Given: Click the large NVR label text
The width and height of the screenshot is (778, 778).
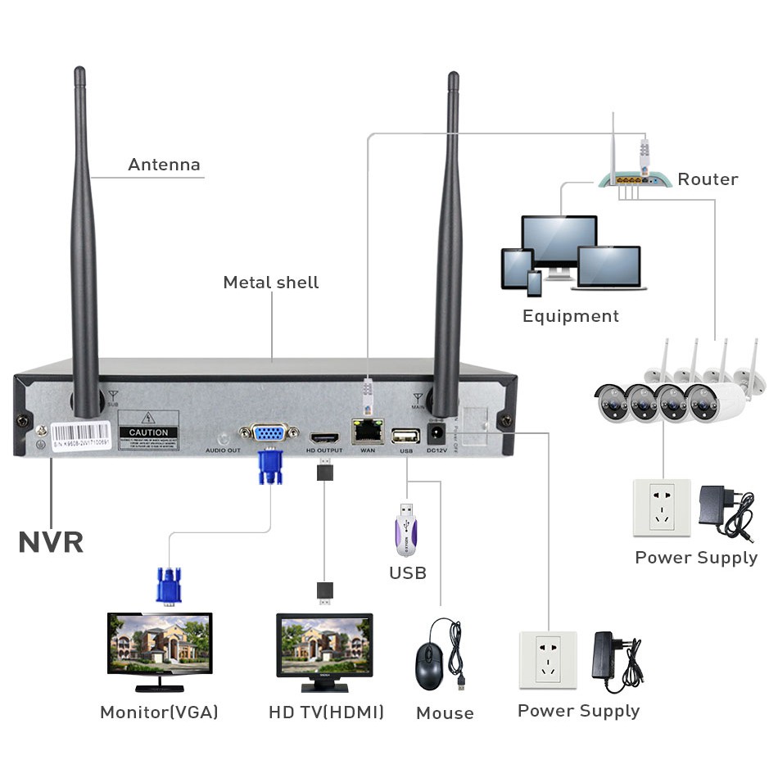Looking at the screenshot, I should click(51, 542).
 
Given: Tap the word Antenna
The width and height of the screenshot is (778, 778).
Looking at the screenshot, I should click(164, 165).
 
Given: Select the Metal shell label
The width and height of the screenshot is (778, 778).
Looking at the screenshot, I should click(271, 283).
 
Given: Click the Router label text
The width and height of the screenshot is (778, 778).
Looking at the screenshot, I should click(708, 179).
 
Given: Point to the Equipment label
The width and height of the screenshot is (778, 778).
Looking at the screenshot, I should click(571, 316).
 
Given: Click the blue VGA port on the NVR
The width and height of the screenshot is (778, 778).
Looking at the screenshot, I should click(269, 433).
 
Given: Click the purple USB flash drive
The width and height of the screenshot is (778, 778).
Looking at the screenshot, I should click(407, 531).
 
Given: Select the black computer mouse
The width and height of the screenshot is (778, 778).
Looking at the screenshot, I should click(428, 666).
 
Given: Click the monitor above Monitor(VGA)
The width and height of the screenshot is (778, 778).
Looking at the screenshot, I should click(160, 645).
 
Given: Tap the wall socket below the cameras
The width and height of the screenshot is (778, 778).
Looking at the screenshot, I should click(662, 508).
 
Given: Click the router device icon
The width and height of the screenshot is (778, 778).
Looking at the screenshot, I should click(631, 177).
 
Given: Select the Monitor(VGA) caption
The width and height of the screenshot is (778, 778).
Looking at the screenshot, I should click(159, 712).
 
